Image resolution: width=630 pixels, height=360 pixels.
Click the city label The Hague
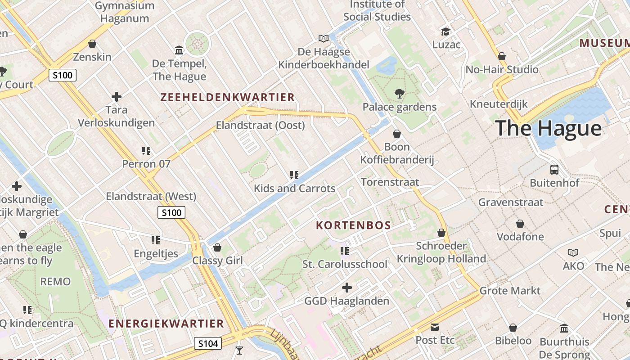[x=548, y=128]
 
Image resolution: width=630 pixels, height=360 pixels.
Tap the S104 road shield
[x=208, y=344]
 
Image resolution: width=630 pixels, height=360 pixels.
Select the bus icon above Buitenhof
[x=554, y=170]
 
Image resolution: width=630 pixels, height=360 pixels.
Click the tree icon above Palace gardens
[x=399, y=94]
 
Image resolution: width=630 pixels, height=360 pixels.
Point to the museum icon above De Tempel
[x=179, y=50]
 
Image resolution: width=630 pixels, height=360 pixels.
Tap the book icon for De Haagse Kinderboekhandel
[x=324, y=39]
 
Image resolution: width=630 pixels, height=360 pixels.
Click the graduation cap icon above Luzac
[x=445, y=31]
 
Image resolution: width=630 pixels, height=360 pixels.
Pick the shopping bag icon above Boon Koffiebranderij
[x=397, y=134]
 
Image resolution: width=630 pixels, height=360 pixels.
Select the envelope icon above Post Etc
[x=435, y=327]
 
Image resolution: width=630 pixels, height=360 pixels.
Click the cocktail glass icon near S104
[x=239, y=350]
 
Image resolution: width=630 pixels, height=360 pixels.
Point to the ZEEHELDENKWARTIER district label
[x=227, y=97]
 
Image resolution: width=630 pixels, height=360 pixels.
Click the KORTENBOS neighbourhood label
[x=353, y=225]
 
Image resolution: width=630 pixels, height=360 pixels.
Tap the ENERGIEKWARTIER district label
[x=166, y=324]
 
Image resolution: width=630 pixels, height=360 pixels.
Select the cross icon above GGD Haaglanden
[x=347, y=288]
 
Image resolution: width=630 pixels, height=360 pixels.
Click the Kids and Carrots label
[x=295, y=188]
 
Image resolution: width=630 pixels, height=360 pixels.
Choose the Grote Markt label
[x=510, y=291]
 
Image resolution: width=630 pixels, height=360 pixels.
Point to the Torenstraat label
[x=390, y=182]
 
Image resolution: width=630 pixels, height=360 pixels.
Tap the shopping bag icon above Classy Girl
[x=217, y=247]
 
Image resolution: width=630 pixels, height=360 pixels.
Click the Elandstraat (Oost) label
[x=261, y=125]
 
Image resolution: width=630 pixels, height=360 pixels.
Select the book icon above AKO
[x=573, y=253]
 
